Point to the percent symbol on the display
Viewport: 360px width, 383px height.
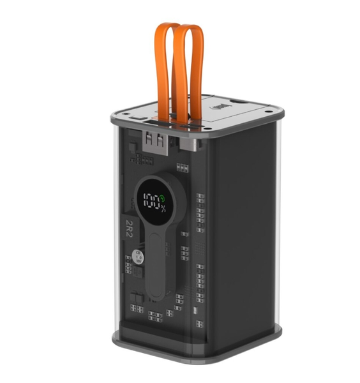(164, 207)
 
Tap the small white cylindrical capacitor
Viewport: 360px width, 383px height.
(140, 259)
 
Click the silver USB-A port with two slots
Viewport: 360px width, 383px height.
(154, 138)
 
